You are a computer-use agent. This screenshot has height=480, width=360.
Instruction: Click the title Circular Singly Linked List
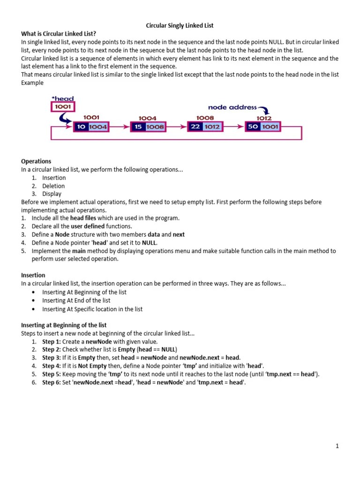tap(180, 25)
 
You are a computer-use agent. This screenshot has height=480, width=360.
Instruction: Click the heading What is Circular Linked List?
tap(59, 34)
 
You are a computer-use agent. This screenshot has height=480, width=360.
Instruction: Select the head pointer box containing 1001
tap(62, 107)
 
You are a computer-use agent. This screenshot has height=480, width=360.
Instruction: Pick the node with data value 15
tap(148, 127)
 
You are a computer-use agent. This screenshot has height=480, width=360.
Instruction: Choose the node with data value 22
tap(205, 127)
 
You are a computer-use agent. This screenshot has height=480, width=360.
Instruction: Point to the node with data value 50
tap(263, 127)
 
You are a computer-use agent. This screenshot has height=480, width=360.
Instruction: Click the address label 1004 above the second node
tap(148, 118)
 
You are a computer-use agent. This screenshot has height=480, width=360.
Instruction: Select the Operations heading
tap(36, 161)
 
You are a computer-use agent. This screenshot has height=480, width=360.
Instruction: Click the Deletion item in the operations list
tap(54, 186)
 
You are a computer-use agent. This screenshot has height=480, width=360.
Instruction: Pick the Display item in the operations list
tap(52, 194)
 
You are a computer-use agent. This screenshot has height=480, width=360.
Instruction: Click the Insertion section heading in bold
tap(33, 275)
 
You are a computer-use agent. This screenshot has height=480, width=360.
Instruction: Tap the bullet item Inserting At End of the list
tap(76, 300)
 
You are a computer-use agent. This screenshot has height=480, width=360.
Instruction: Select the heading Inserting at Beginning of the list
tap(64, 325)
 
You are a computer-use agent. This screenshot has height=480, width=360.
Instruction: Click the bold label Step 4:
tap(51, 366)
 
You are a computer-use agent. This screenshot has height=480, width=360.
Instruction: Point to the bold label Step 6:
tap(51, 382)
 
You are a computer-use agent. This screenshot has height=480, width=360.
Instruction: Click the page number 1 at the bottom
tap(337, 446)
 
